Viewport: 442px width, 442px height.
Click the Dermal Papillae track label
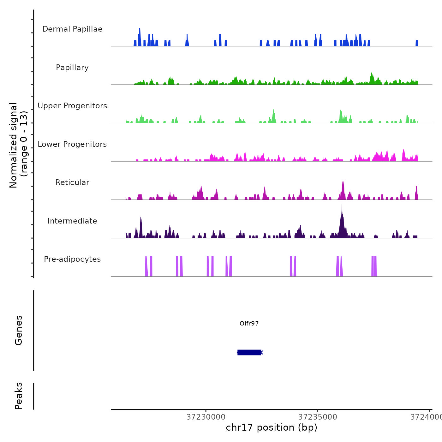point(72,29)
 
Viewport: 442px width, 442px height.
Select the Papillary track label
point(72,68)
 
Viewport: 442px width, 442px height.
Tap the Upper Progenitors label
point(72,106)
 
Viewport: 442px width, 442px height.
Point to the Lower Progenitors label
point(72,144)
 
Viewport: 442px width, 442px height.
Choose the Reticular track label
point(72,182)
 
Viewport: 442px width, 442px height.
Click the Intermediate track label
point(72,221)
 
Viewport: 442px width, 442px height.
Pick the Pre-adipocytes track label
point(72,259)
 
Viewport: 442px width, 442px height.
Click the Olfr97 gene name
point(249,323)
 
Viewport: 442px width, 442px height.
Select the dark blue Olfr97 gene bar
point(249,352)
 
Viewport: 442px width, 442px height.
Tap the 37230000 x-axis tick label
point(206,417)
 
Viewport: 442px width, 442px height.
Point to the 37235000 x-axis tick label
point(318,417)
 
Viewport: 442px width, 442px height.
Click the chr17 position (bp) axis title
point(272,427)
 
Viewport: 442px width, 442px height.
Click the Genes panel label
point(19,330)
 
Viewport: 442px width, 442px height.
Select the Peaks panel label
point(19,396)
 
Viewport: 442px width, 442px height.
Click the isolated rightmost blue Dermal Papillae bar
point(417,43)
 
